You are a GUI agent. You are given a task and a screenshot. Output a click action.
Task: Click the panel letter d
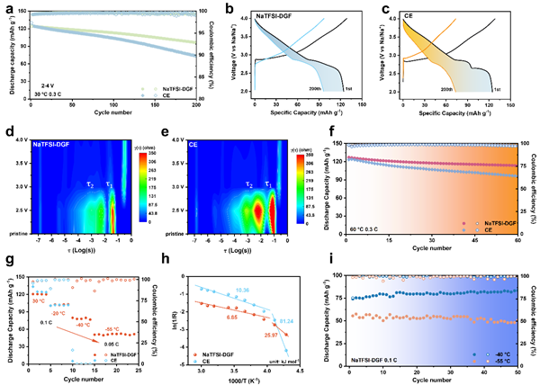click(x=6, y=133)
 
